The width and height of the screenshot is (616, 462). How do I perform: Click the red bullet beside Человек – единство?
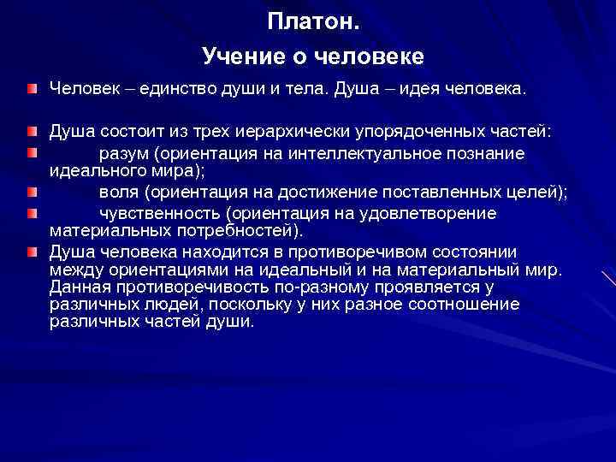pyautogui.click(x=32, y=89)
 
